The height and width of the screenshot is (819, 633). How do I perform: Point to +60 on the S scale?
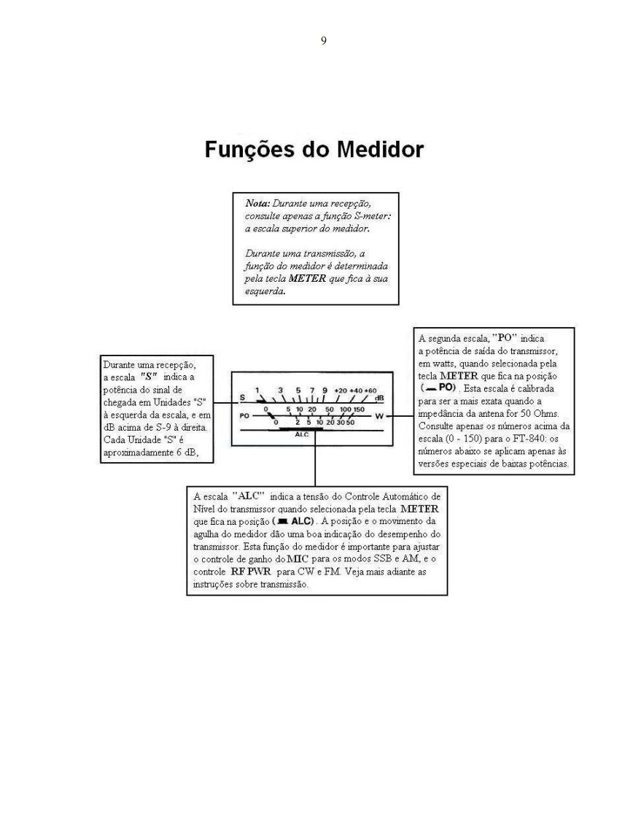pos(370,391)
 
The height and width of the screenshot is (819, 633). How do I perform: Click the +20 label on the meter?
pos(341,391)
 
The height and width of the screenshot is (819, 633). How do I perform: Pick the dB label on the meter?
pos(379,398)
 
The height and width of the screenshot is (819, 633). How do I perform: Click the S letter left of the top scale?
pos(241,399)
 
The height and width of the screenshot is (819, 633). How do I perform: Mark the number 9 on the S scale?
pos(325,391)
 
